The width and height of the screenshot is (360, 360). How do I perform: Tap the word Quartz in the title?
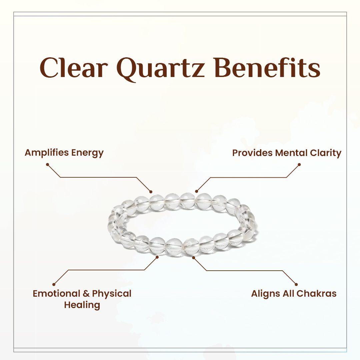pos(159,68)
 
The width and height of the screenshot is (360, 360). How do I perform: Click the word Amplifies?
pos(46,153)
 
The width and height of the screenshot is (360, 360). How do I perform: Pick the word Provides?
pos(252,153)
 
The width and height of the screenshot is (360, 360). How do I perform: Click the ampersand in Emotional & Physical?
pos(86,294)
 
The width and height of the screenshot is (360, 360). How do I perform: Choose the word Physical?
pos(112,294)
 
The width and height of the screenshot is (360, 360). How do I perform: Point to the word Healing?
pos(82,305)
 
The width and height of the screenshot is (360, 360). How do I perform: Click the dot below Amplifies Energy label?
pos(47,164)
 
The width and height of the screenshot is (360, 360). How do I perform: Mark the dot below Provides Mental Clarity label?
pos(299,164)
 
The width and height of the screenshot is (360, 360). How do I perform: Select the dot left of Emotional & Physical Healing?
pos(54,284)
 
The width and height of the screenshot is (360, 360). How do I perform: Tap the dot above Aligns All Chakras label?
pos(297,284)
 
